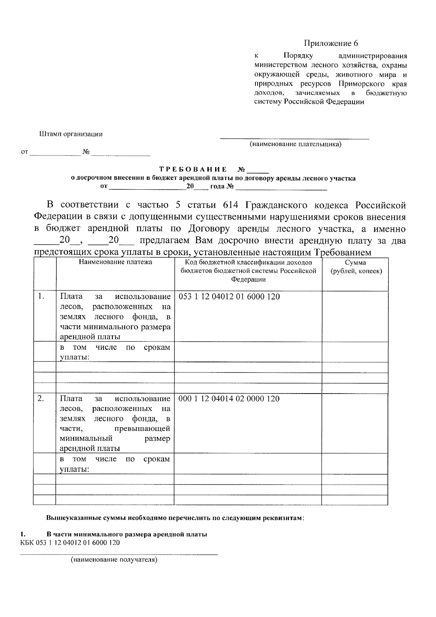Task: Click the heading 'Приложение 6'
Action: point(331,44)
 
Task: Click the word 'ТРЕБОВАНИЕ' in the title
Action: point(193,170)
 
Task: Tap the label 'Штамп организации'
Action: point(71,134)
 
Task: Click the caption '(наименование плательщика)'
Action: point(295,145)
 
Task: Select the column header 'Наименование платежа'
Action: point(116,262)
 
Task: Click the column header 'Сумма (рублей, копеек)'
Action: point(355,267)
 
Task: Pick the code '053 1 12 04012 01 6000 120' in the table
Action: point(229,297)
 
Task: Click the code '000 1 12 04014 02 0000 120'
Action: point(229,399)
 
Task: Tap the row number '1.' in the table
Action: point(41,297)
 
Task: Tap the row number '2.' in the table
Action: point(41,399)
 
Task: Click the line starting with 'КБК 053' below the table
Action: point(70,543)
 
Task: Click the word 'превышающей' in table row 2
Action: point(142,429)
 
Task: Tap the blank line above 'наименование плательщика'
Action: point(295,138)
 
